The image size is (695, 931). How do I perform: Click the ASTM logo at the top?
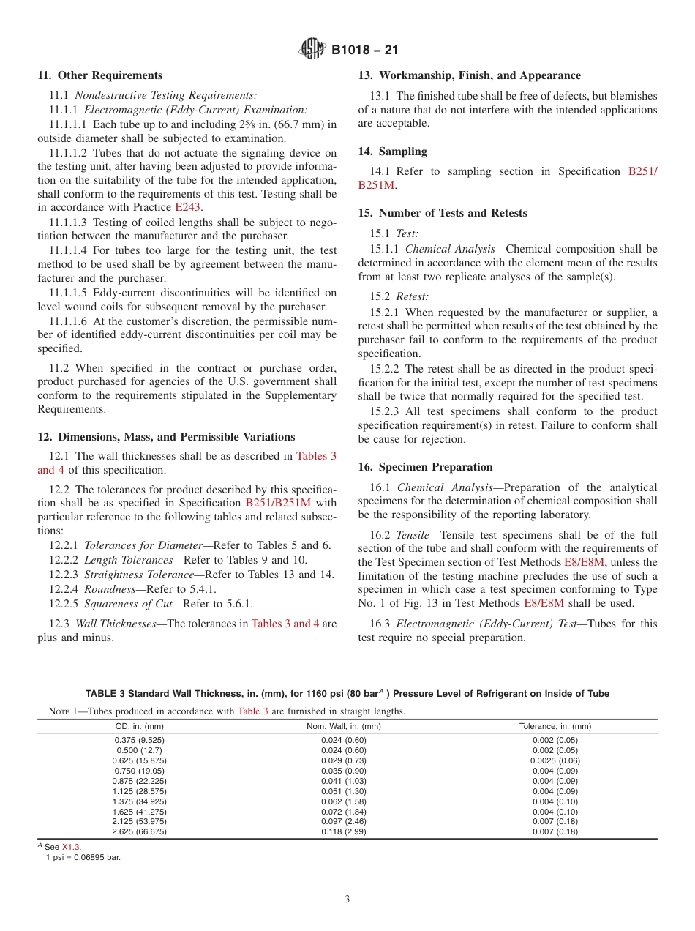point(312,50)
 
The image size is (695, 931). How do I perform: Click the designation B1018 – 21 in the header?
point(364,51)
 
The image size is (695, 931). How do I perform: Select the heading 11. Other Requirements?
point(100,75)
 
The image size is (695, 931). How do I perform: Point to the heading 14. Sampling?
point(392,152)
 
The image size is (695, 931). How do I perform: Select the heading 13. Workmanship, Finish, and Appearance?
point(469,75)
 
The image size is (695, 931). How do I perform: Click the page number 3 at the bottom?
point(347,899)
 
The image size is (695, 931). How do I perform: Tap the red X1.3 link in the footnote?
point(71,847)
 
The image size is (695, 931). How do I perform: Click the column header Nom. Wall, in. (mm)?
point(343,726)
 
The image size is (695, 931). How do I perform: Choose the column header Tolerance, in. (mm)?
point(555,726)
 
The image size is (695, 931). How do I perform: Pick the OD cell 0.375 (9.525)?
point(139,740)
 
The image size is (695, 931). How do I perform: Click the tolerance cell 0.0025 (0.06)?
point(555,760)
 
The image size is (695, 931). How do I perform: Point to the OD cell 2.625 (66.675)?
point(139,832)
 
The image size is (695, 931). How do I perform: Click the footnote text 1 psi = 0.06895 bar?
point(83,856)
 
